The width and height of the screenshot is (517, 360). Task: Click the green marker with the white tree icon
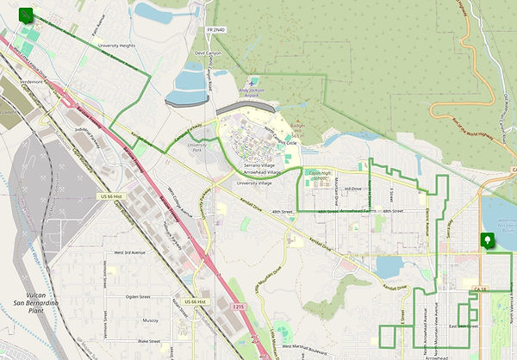coord(489,241)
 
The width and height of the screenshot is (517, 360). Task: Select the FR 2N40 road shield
coord(216,30)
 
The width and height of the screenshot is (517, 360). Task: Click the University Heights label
coord(116,45)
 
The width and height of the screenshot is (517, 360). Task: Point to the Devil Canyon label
coord(209,53)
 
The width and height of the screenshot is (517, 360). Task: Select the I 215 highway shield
coord(241,306)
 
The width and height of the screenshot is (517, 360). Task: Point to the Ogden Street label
coord(138,296)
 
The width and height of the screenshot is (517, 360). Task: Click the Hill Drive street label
coord(352,188)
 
